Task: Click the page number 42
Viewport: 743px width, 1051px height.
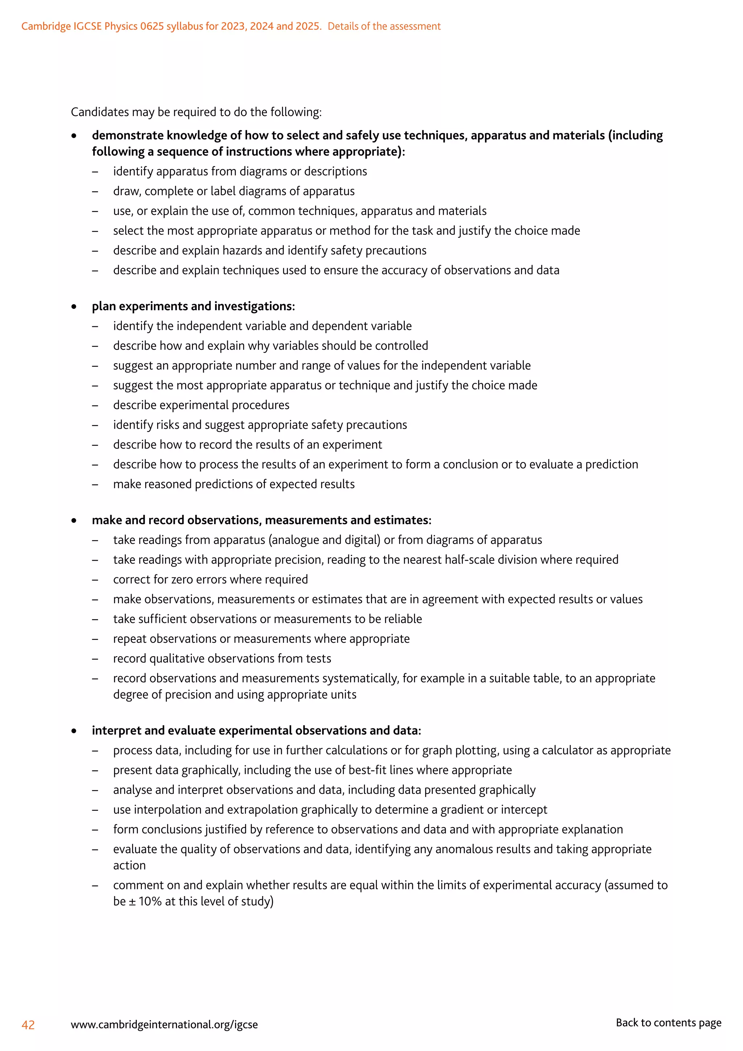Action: pos(28,1025)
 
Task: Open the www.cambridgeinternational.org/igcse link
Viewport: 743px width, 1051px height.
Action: pos(164,1025)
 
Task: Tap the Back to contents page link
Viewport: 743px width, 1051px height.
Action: pos(668,1023)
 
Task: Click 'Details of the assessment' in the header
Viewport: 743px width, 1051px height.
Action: pos(384,26)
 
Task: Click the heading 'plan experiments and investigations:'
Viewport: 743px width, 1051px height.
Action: pos(193,306)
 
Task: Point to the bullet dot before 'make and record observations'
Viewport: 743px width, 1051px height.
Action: pos(74,520)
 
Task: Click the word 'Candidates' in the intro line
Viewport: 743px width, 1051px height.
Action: pos(100,112)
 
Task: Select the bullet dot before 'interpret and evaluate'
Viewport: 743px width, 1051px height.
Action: pos(74,731)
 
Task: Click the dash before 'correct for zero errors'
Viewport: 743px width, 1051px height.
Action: pos(95,580)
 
